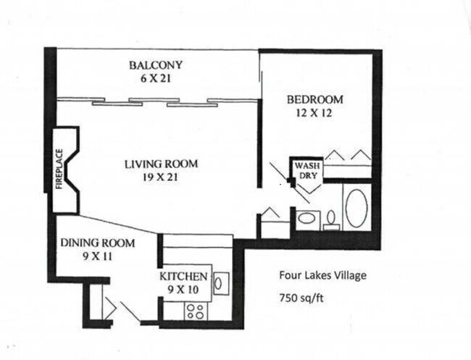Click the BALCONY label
coord(156,65)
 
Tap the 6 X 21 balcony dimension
coord(156,79)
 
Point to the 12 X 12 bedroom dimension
coord(314,113)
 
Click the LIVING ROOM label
coord(160,164)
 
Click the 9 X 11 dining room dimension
coord(87,256)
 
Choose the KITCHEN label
coord(185,277)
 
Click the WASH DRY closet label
coord(304,170)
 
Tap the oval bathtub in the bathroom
coord(357,208)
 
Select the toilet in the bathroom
coord(331,219)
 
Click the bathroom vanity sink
coord(307,218)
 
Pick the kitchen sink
coord(221,282)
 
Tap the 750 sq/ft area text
coord(303,297)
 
